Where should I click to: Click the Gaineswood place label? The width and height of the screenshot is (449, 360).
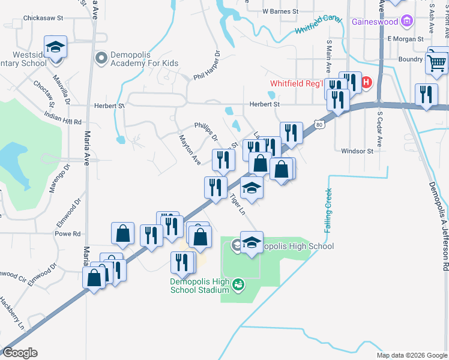point(376,22)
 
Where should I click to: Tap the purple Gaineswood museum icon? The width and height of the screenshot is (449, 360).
point(408,22)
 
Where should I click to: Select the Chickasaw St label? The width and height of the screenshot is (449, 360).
point(43,19)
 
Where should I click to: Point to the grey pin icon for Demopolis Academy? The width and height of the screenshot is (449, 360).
point(100,58)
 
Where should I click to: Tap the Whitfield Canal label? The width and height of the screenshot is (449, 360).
point(318,25)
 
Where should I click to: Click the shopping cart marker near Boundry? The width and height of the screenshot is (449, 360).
point(436,62)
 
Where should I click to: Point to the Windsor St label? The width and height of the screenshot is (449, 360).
point(357,151)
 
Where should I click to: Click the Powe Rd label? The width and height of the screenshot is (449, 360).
point(67,234)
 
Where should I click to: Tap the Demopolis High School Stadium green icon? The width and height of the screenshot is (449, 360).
point(238,283)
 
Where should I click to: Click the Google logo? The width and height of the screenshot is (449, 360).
point(20,352)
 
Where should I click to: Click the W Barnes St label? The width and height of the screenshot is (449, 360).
point(280,11)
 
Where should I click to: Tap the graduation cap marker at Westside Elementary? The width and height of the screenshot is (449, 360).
point(55,48)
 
